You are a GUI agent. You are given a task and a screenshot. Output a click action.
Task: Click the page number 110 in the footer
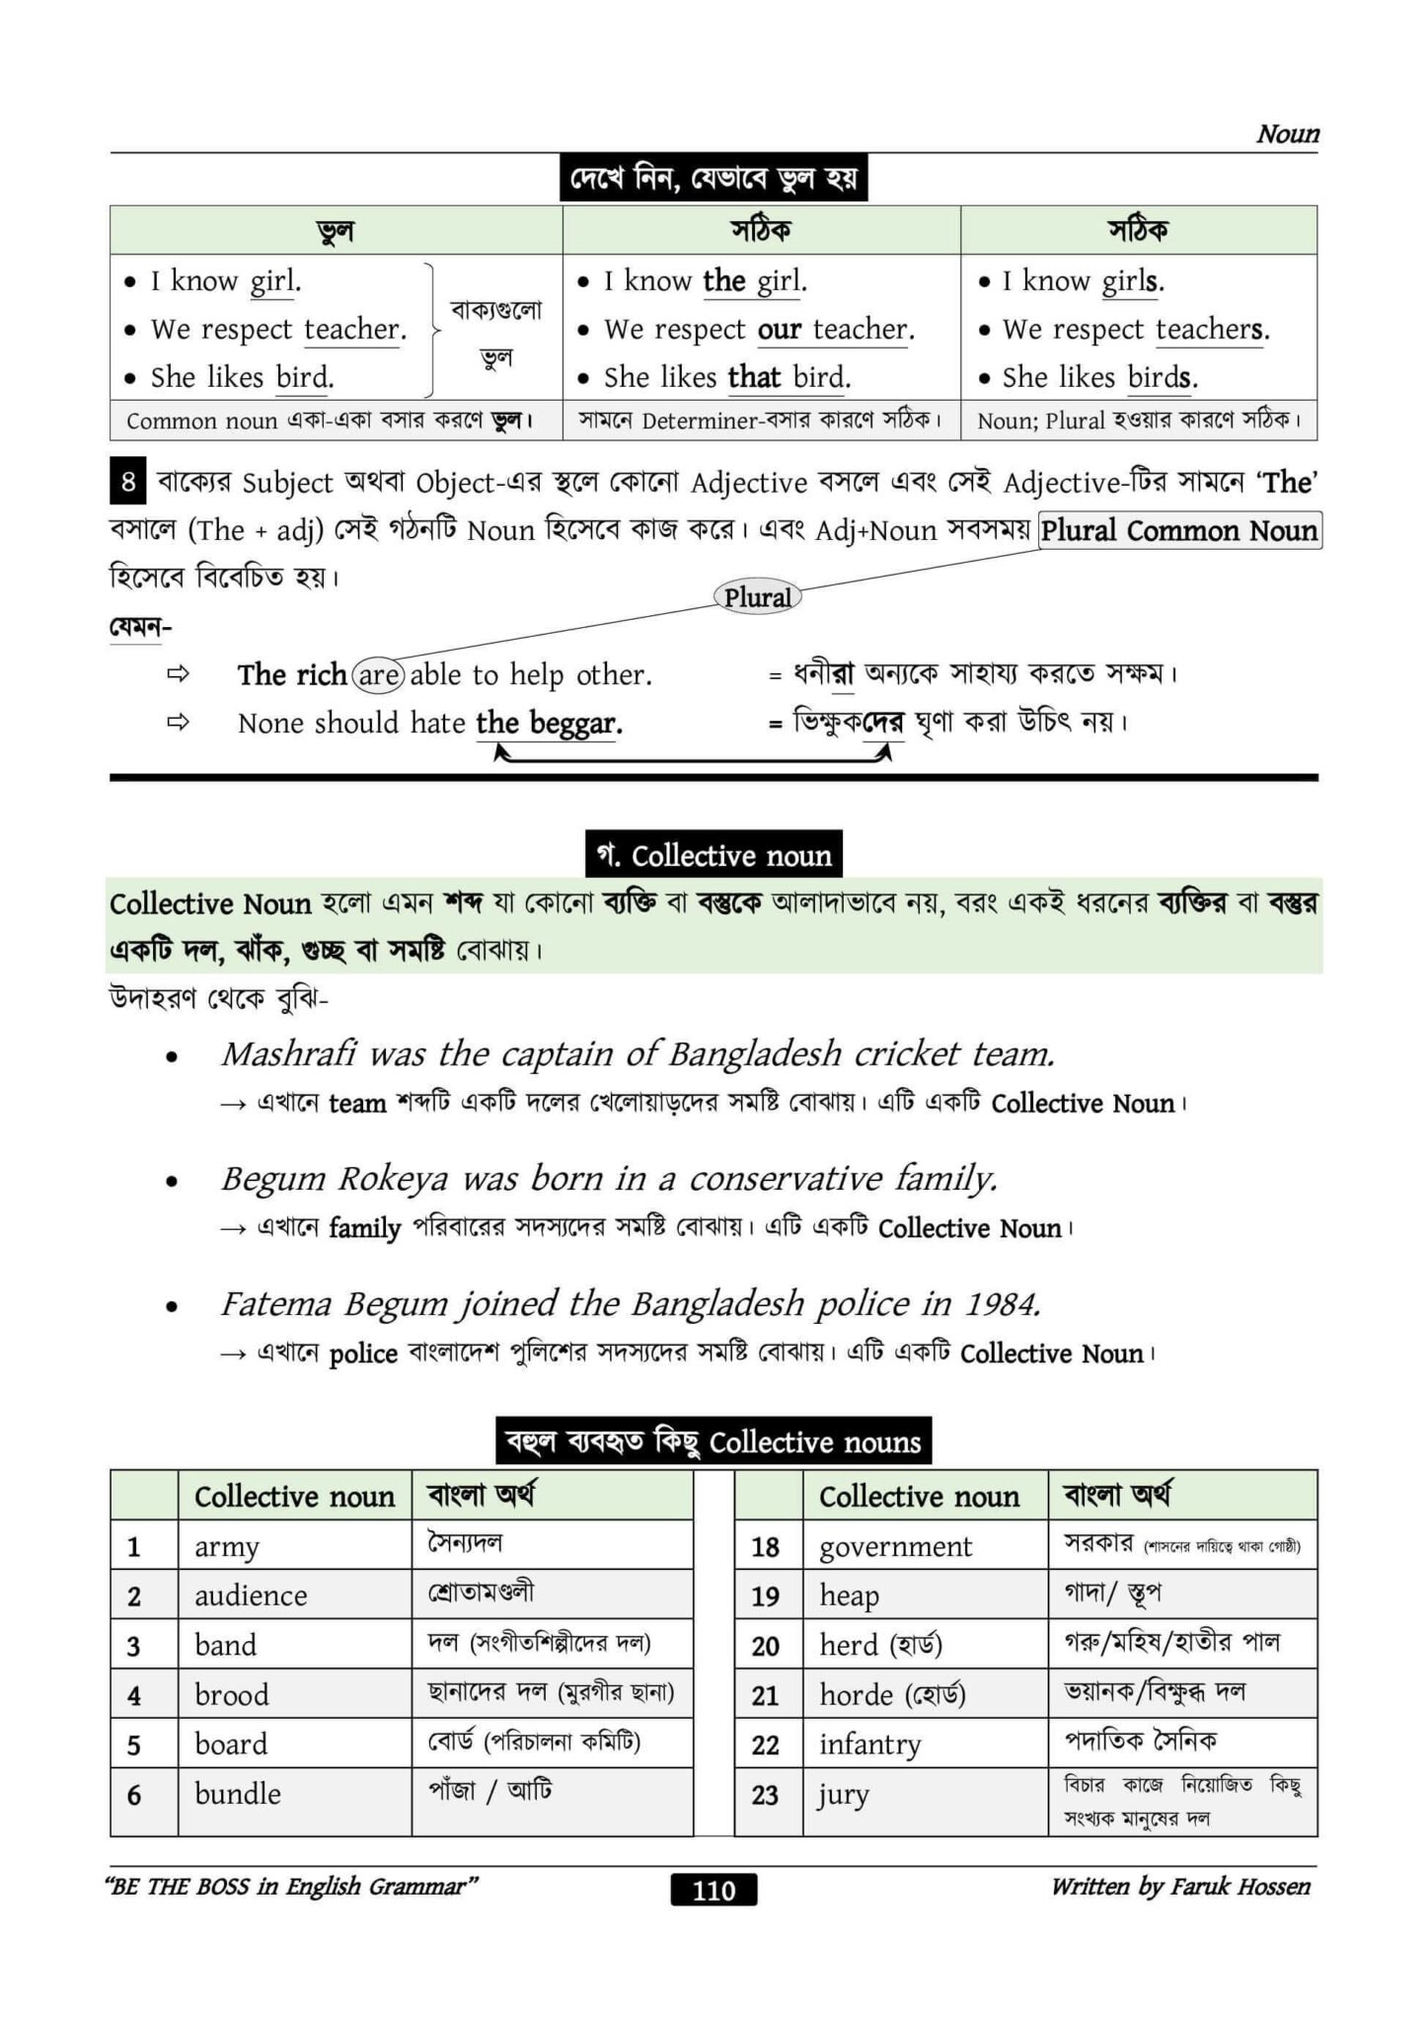click(x=714, y=1890)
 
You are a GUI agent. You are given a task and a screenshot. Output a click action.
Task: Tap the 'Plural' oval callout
click(x=757, y=597)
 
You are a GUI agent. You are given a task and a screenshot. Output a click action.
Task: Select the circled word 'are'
click(x=379, y=675)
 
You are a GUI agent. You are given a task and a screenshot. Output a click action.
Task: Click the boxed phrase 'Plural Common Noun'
click(x=1179, y=531)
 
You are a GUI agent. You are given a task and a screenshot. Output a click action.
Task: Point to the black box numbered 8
click(x=128, y=483)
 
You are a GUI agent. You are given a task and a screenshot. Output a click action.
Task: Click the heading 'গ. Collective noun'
click(x=714, y=855)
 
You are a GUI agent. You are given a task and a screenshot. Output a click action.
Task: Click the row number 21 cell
click(x=765, y=1695)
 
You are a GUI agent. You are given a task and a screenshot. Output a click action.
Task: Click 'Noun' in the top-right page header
click(x=1287, y=134)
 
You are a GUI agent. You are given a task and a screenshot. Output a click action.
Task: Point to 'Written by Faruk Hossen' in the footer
click(x=1180, y=1887)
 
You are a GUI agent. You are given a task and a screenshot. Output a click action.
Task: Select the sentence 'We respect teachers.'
click(x=1136, y=330)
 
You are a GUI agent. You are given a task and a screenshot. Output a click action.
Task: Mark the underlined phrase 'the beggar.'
click(x=549, y=724)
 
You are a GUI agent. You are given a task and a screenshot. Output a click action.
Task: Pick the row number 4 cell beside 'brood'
click(x=134, y=1695)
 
